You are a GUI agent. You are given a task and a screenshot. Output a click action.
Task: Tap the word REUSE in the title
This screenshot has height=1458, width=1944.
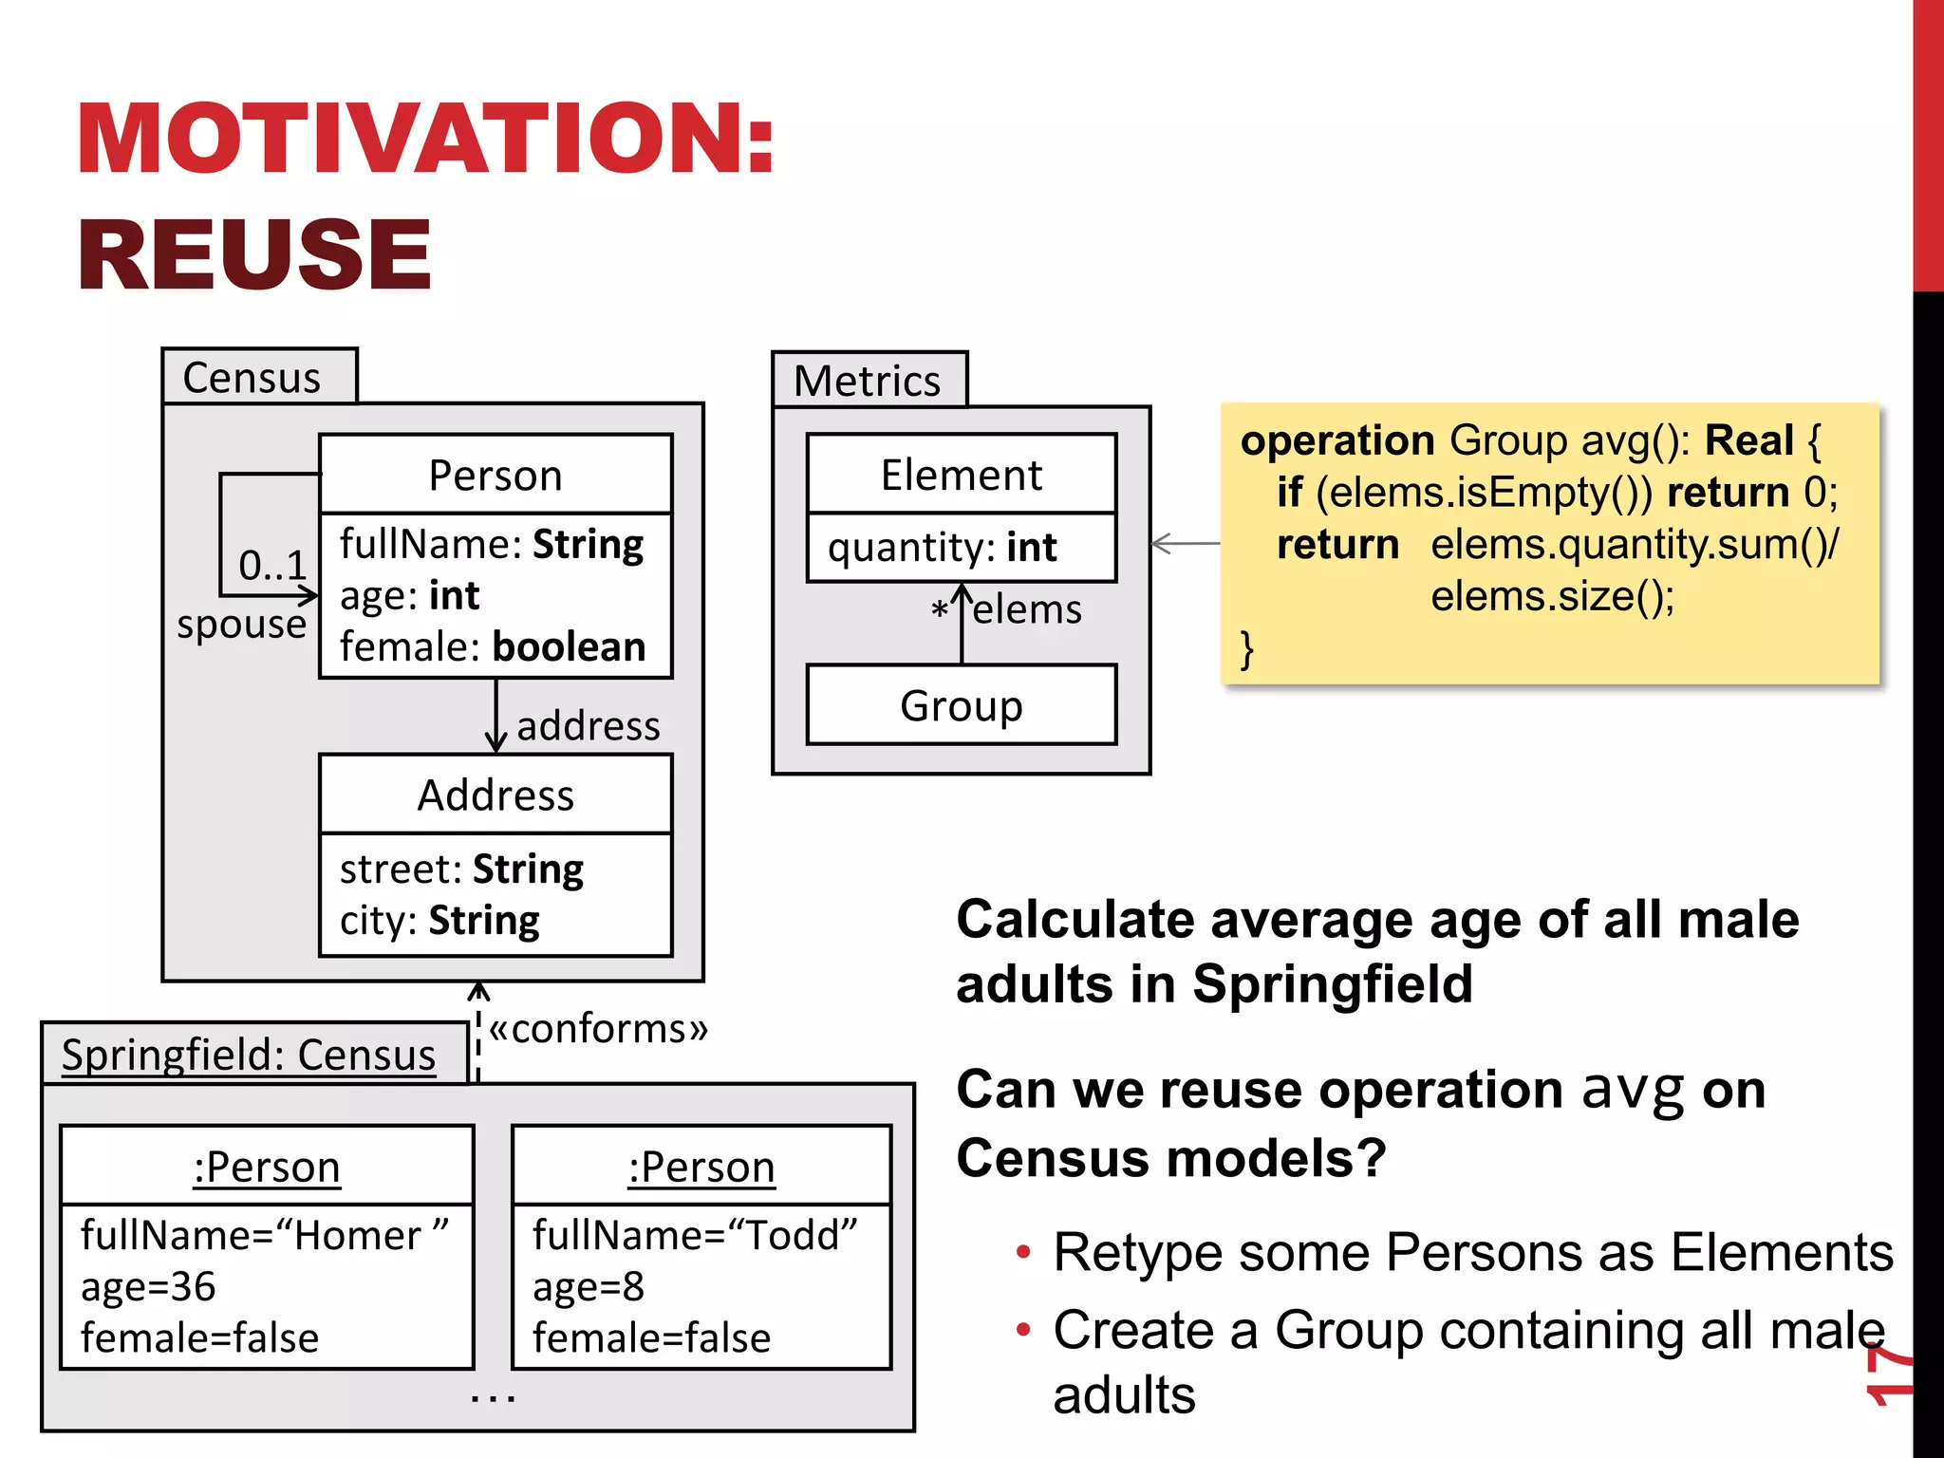click(254, 254)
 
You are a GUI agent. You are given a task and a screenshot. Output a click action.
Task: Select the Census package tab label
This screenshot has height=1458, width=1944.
click(252, 378)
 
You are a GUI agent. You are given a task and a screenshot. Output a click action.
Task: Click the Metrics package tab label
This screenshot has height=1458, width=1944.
click(867, 381)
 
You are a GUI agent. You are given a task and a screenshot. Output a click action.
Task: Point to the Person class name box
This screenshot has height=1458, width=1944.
click(495, 475)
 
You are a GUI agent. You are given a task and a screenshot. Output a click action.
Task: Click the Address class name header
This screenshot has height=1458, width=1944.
click(495, 794)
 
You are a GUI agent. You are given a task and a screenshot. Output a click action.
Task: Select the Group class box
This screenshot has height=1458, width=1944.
click(961, 705)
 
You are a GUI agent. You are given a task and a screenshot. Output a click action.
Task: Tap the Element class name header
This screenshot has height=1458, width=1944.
click(961, 475)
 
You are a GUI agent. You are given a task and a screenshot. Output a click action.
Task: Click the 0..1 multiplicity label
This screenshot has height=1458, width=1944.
click(271, 565)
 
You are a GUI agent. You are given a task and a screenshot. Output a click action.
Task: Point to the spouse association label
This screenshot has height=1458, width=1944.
click(241, 624)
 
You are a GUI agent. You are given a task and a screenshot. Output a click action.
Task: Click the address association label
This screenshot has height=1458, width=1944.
click(588, 726)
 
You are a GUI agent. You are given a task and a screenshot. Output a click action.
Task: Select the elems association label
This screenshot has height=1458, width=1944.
click(1027, 609)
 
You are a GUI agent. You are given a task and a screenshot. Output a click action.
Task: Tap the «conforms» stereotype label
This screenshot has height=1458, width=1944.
click(598, 1029)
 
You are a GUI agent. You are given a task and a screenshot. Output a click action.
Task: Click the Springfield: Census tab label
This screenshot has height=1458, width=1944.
click(249, 1055)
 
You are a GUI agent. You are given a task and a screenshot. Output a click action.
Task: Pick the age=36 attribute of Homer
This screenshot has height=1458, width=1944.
click(149, 1287)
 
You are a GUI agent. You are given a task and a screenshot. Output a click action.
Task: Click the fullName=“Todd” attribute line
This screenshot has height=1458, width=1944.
click(694, 1235)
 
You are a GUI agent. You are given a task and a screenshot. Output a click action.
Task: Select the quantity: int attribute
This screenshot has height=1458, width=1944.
click(942, 548)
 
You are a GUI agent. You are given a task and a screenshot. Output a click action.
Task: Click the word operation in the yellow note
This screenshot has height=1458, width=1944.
click(1336, 440)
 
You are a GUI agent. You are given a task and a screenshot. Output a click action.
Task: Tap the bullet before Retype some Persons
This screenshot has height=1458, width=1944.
click(1022, 1252)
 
